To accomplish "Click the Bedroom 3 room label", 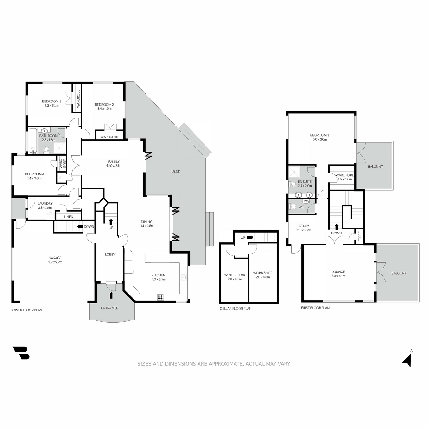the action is pyautogui.click(x=51, y=101).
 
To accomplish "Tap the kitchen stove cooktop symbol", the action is pyautogui.click(x=160, y=297).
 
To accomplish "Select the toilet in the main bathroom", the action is pyautogui.click(x=46, y=150).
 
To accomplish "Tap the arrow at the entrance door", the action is pyautogui.click(x=111, y=295).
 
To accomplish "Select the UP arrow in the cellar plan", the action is pyautogui.click(x=250, y=237).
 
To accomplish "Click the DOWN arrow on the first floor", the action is pyautogui.click(x=336, y=227).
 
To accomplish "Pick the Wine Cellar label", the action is pyautogui.click(x=235, y=275).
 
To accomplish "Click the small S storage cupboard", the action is pyautogui.click(x=60, y=178).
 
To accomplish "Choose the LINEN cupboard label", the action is pyautogui.click(x=68, y=217).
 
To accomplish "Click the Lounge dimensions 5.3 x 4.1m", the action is pyautogui.click(x=338, y=276).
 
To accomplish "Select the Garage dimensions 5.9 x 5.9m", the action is pyautogui.click(x=55, y=262).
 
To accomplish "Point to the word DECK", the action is pyautogui.click(x=176, y=171).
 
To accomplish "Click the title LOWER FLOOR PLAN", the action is pyautogui.click(x=26, y=310).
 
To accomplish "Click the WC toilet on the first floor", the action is pyautogui.click(x=293, y=207).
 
